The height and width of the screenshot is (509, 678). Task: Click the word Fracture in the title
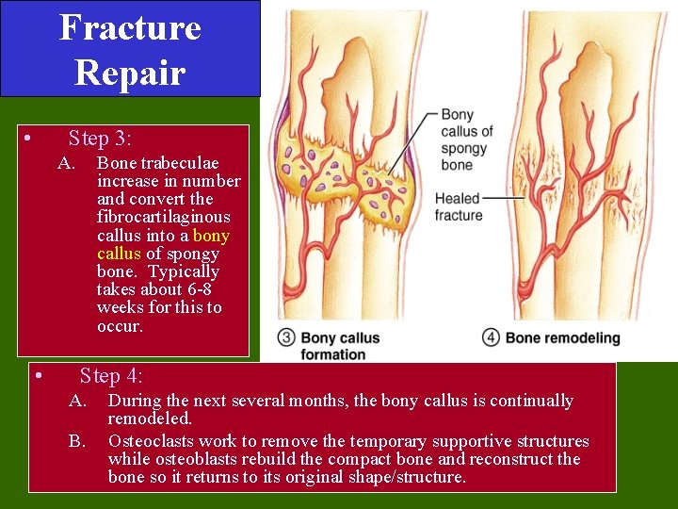pyautogui.click(x=130, y=28)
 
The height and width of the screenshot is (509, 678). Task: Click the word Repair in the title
pyautogui.click(x=130, y=72)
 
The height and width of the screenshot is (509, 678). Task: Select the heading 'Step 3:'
pyautogui.click(x=99, y=139)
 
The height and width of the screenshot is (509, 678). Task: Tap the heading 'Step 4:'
pyautogui.click(x=111, y=376)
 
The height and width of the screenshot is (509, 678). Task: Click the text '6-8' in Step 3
pyautogui.click(x=196, y=290)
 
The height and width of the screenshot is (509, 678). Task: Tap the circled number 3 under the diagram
pyautogui.click(x=286, y=338)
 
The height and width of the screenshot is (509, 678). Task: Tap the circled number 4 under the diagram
pyautogui.click(x=492, y=338)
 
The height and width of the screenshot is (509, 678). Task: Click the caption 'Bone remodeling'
pyautogui.click(x=563, y=338)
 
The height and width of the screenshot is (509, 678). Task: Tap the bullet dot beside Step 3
pyautogui.click(x=29, y=140)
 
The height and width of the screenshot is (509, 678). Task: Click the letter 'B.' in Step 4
pyautogui.click(x=77, y=441)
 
